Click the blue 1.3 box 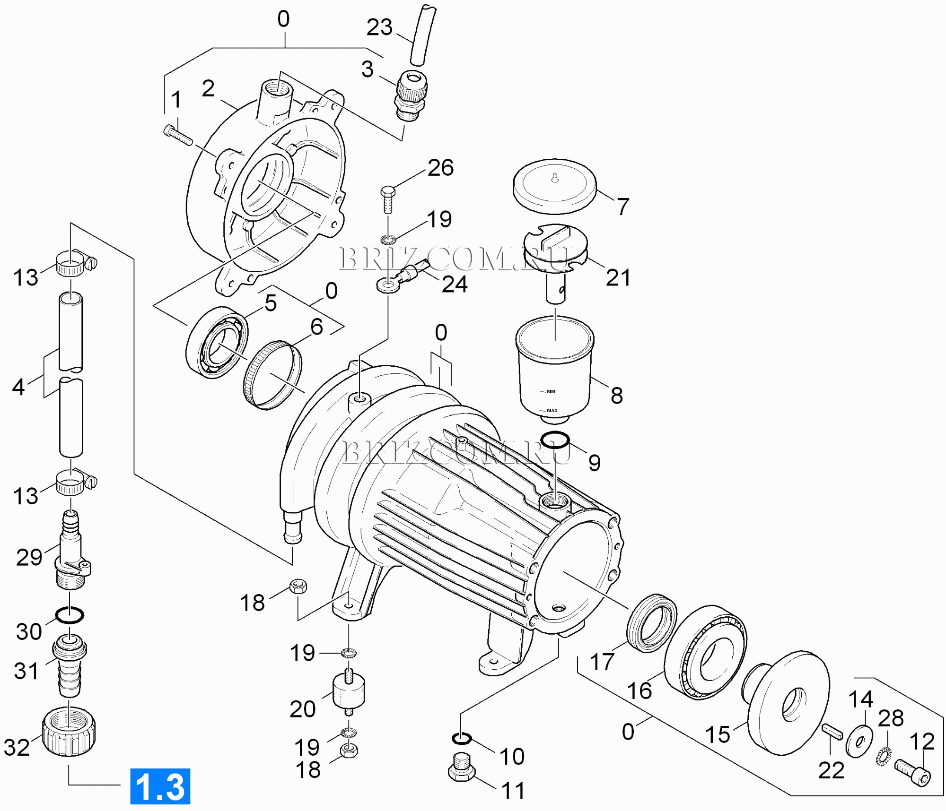(160, 786)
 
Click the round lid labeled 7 (554, 187)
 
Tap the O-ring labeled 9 (554, 440)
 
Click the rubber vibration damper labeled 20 (349, 691)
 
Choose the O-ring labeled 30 (70, 615)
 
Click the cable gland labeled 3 (411, 96)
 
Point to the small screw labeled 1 (178, 135)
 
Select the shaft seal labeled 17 (651, 623)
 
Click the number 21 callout (618, 277)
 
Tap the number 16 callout (639, 690)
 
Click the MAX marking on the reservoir (552, 410)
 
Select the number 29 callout (29, 558)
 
